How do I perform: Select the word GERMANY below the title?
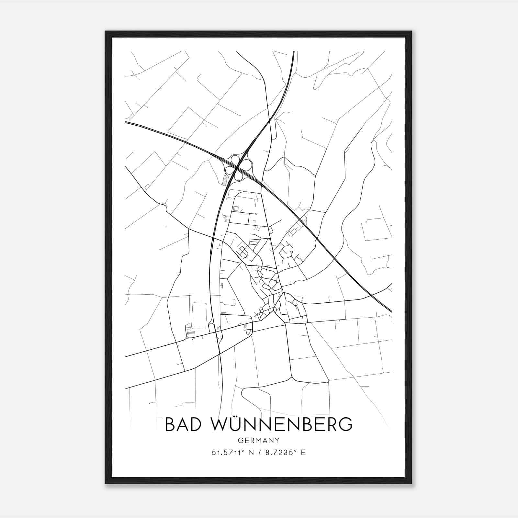coord(258,441)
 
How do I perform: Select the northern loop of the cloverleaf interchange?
coord(235,160)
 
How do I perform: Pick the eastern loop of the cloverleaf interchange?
coord(248,164)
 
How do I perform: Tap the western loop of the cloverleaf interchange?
coord(230,171)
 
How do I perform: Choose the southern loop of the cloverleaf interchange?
coord(239,176)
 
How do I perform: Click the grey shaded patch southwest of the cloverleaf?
coord(225,180)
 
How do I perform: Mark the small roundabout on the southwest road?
coord(187,338)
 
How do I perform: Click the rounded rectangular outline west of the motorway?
coord(199,316)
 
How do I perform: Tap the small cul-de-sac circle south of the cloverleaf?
coord(256,214)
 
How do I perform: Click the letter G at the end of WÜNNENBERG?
coord(345,424)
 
